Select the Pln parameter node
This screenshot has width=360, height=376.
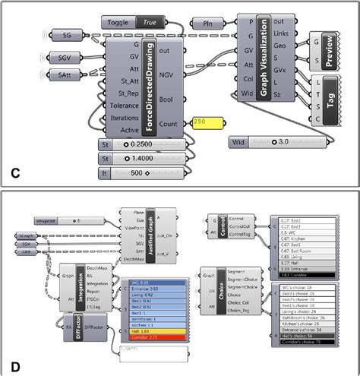coord(207,24)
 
